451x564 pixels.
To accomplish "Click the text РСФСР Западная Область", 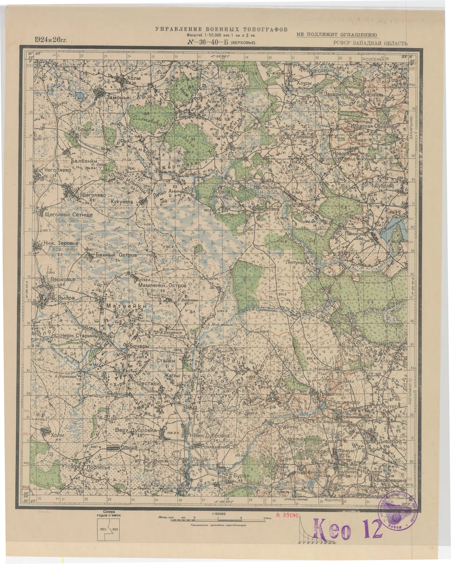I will tap(370, 43).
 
